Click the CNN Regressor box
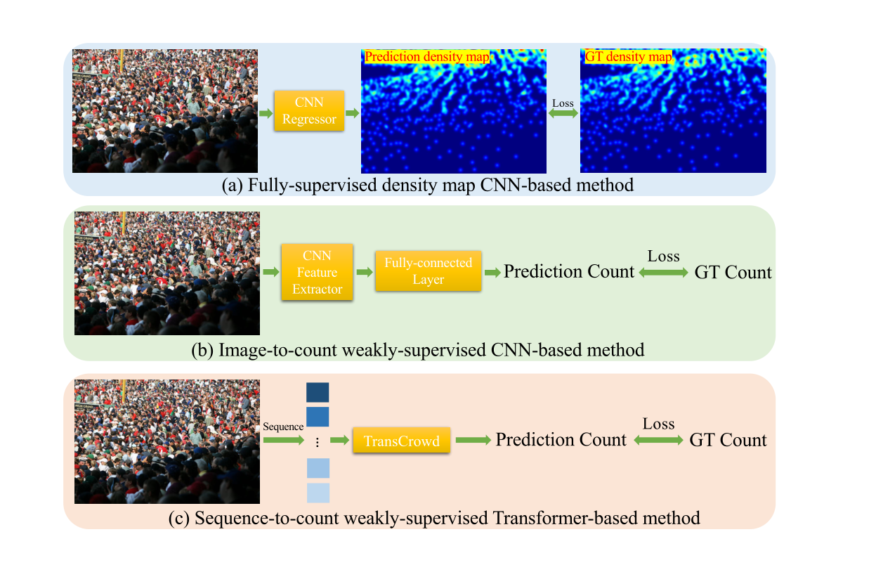point(309,111)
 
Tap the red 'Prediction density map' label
point(427,57)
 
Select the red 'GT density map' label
point(628,57)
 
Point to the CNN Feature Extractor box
point(317,272)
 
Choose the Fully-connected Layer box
point(429,271)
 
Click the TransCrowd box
point(401,441)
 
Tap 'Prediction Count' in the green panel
point(569,272)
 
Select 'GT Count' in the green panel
point(733,273)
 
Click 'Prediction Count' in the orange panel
point(561,440)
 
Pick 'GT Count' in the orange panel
point(728,441)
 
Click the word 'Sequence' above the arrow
point(283,427)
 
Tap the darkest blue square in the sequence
point(318,392)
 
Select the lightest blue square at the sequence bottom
point(318,493)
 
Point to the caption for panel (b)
point(417,349)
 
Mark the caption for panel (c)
point(434,519)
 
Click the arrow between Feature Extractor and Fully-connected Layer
point(363,272)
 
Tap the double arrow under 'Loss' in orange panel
point(658,441)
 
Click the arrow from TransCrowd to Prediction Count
point(473,441)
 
